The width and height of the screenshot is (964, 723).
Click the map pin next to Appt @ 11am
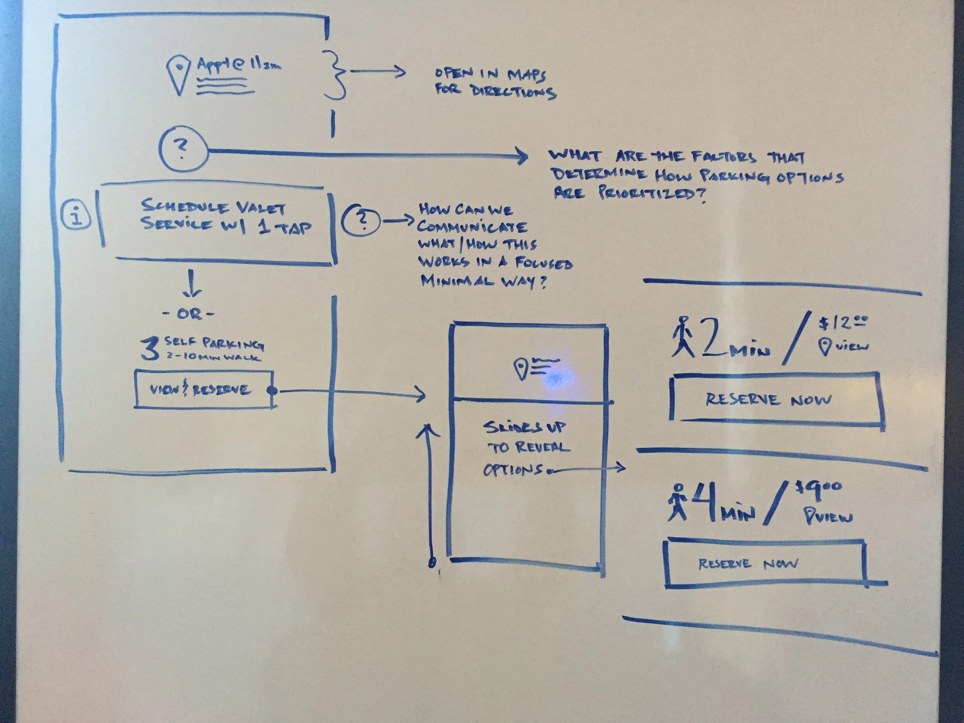coord(179,74)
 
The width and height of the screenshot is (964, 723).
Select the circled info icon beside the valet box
coord(77,215)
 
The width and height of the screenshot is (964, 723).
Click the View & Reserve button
coord(204,389)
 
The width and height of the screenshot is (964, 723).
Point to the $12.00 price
coord(842,324)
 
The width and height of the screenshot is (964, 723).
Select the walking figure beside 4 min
coord(677,502)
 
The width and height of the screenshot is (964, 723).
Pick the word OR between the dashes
coord(189,314)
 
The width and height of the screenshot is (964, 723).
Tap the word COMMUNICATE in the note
coord(472,227)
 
